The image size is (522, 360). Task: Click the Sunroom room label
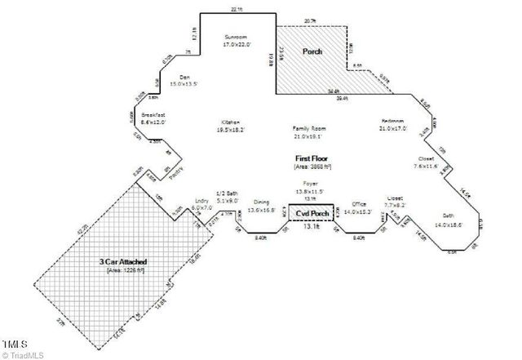click(x=238, y=38)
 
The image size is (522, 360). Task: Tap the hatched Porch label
click(x=312, y=51)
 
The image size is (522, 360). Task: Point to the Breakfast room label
click(x=153, y=117)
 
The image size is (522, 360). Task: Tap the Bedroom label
click(x=393, y=122)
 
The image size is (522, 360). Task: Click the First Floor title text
click(x=314, y=155)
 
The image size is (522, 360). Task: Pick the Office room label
click(x=357, y=204)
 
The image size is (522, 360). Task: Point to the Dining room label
click(x=260, y=204)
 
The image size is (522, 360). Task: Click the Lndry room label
click(x=201, y=203)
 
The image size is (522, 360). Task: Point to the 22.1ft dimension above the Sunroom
click(x=237, y=8)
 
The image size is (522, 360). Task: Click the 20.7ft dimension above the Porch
click(x=310, y=20)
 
